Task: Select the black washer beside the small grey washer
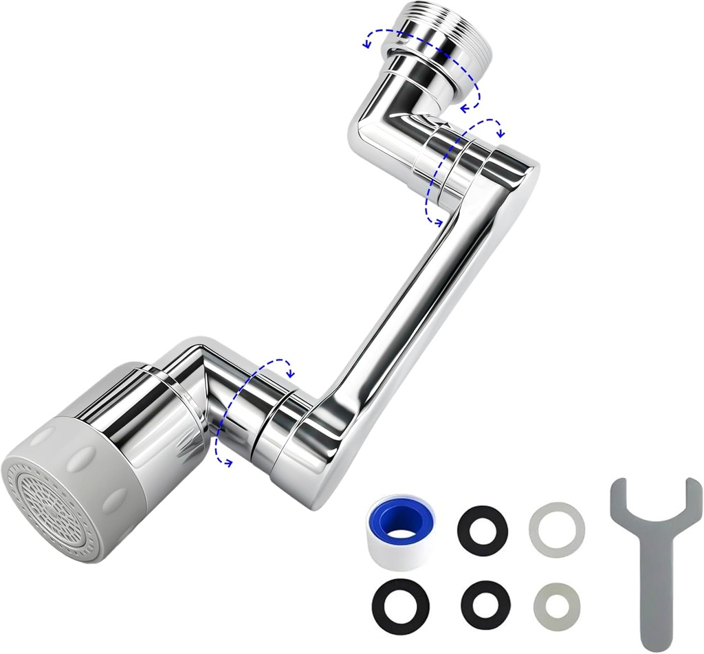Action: click(x=486, y=604)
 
